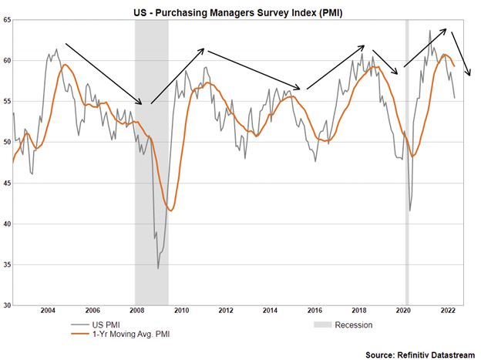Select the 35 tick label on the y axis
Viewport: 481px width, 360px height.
[6, 265]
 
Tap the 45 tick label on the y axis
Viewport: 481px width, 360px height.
[6, 183]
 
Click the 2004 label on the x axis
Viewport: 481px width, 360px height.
[48, 311]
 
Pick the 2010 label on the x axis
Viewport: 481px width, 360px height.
[181, 311]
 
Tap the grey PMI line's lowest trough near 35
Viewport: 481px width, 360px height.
[158, 268]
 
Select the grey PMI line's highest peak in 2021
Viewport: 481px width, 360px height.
[429, 31]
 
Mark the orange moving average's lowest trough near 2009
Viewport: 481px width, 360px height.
[171, 210]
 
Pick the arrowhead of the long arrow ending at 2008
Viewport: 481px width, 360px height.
[142, 104]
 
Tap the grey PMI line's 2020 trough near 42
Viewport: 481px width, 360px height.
[410, 210]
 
